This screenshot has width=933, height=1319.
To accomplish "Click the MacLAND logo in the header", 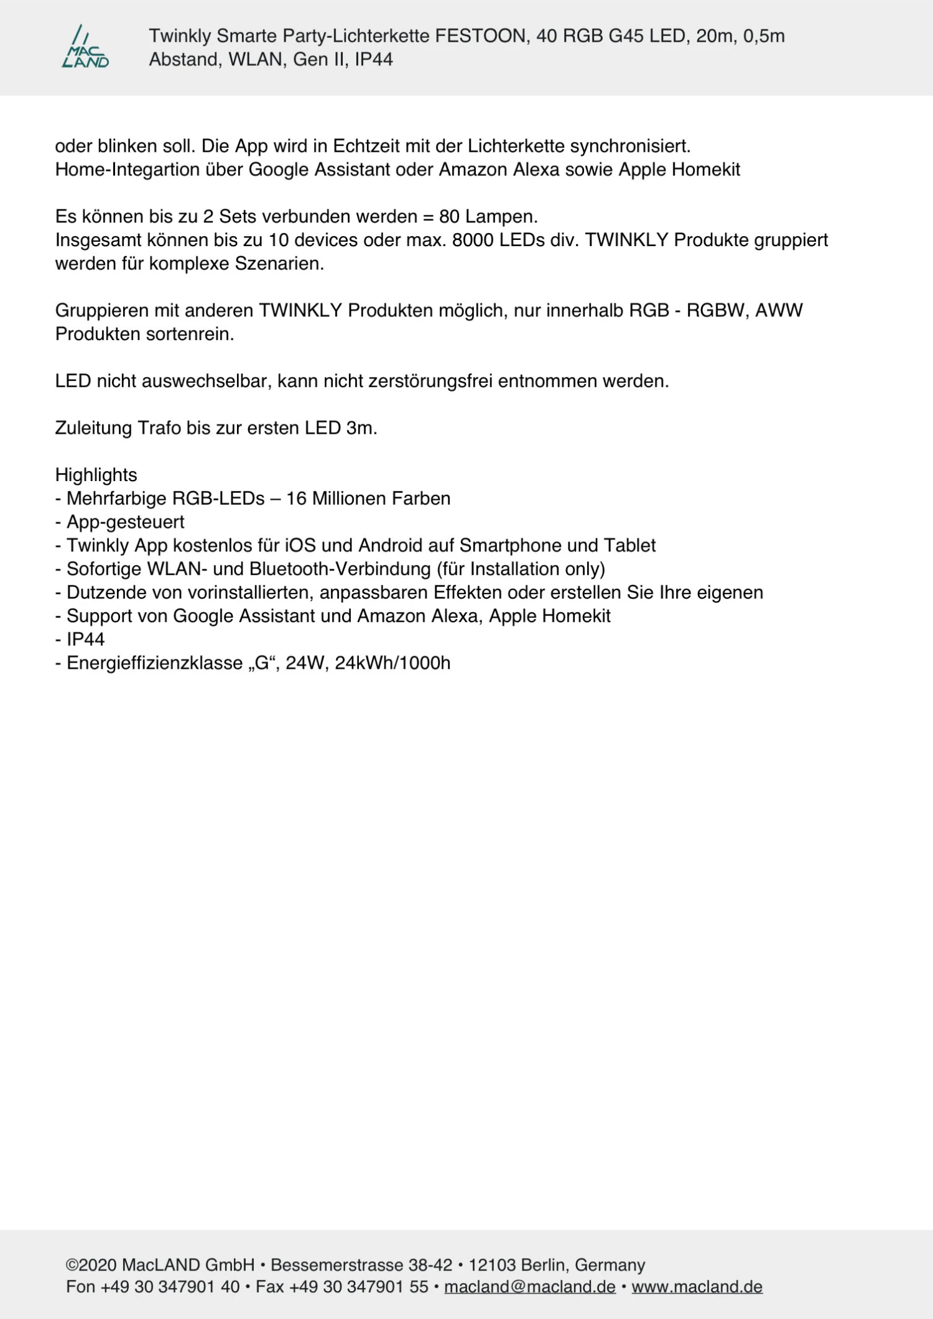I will [x=85, y=47].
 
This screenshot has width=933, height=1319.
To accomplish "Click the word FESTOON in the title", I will [x=480, y=36].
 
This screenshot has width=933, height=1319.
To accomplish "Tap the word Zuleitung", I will [x=93, y=428].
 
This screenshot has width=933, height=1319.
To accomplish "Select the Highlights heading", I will [x=96, y=475].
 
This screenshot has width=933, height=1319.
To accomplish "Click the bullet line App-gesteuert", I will [x=125, y=522].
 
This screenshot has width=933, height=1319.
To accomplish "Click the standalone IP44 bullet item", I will [x=85, y=639].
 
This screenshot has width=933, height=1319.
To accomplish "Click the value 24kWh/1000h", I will [x=392, y=663].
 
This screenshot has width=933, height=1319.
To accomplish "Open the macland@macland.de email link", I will [x=529, y=1286].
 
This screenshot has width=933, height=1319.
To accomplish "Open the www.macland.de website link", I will [x=697, y=1286].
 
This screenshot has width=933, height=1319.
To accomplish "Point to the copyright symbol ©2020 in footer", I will [x=91, y=1265].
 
